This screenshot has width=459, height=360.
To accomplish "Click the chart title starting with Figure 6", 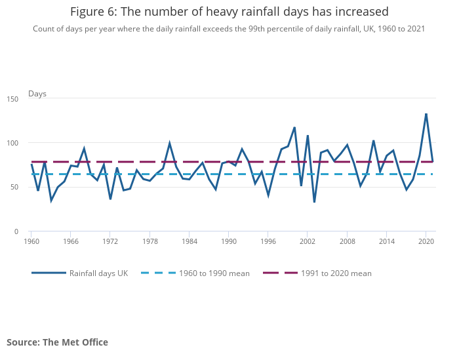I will (x=229, y=12).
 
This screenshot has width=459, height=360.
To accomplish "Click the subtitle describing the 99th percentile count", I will (x=229, y=29).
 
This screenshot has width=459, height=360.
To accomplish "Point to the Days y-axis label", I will (x=37, y=94).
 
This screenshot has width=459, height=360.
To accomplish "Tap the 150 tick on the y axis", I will (x=13, y=98).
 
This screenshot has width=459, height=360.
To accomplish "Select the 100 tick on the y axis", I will (x=13, y=143).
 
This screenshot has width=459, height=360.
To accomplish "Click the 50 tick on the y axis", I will (x=15, y=188).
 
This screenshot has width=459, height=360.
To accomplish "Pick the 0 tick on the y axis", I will (x=17, y=231).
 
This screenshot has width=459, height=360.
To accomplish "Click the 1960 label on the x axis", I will (x=31, y=241).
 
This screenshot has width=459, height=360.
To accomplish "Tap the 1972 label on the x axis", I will (x=110, y=241).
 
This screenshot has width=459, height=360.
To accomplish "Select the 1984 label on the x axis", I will (x=189, y=241).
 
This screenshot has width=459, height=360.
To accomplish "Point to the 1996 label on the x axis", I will (x=268, y=241).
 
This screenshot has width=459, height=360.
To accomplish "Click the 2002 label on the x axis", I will (x=308, y=241).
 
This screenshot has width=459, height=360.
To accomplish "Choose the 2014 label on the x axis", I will (x=387, y=241).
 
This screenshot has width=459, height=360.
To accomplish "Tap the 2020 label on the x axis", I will (x=426, y=241).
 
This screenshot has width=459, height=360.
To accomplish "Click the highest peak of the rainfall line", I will (x=426, y=114).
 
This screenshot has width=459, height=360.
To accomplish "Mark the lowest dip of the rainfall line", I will (x=314, y=202).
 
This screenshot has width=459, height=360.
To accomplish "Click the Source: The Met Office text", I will (x=57, y=342).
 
